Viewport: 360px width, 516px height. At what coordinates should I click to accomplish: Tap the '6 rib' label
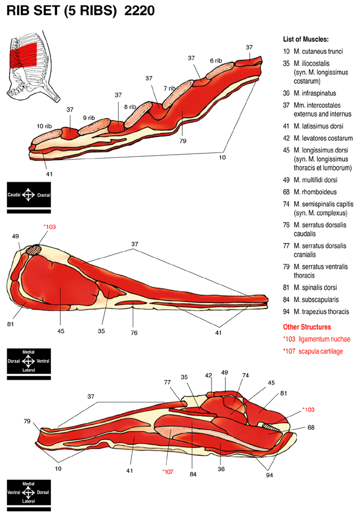click(x=215, y=60)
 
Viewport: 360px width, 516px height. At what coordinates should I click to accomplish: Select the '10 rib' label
click(x=44, y=126)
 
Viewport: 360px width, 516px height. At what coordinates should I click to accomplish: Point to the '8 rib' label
click(x=130, y=106)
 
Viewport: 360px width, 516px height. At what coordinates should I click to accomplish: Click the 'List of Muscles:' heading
click(x=305, y=39)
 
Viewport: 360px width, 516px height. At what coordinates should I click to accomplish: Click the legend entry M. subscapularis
click(x=317, y=300)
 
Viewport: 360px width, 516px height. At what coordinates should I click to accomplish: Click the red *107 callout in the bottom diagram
click(x=167, y=472)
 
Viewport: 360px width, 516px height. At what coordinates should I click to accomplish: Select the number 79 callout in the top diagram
click(x=183, y=141)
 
